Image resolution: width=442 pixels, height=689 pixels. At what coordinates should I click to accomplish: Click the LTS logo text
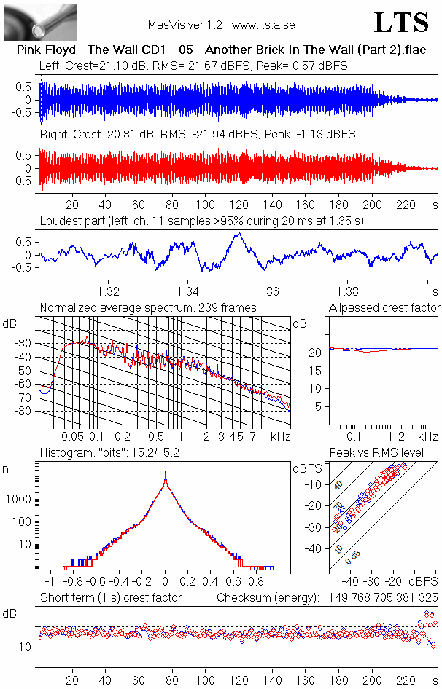401,23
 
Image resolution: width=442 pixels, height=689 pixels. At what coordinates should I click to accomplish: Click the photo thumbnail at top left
41,23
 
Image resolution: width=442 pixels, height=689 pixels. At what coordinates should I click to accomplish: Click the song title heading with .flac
222,50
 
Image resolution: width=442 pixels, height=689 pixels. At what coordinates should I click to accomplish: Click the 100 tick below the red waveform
206,205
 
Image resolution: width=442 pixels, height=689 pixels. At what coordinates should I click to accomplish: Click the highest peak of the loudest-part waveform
239,232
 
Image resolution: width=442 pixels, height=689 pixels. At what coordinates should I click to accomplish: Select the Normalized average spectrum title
148,307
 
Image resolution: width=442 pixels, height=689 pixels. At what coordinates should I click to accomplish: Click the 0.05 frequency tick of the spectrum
73,436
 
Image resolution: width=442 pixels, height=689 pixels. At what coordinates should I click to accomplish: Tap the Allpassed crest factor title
384,307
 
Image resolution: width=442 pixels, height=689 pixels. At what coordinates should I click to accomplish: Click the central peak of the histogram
165,473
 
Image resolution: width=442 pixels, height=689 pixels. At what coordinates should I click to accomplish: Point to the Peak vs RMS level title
377,452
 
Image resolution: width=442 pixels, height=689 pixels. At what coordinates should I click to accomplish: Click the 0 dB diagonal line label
352,556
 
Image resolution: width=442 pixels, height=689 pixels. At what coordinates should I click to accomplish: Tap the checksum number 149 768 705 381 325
384,598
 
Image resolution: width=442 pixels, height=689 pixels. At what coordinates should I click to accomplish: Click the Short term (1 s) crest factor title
111,598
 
